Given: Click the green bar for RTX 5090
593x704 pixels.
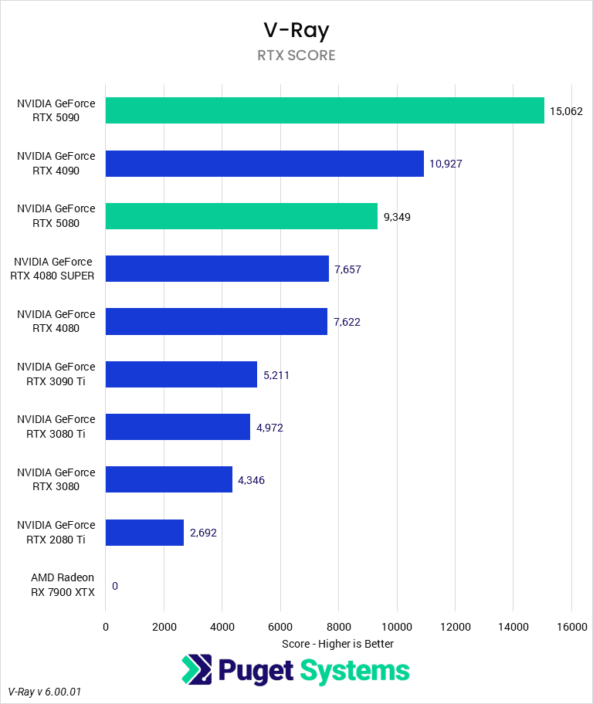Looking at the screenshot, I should pos(324,110).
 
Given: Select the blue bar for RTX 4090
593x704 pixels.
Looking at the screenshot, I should pos(264,164).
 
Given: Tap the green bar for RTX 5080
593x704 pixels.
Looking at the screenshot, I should pos(241,216).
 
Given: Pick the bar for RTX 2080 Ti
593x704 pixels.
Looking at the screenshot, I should pos(144,533).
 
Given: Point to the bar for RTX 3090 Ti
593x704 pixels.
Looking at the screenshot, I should pos(181,374).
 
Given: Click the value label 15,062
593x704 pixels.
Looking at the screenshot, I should pos(565,111).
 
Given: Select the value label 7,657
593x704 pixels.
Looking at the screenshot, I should pos(347,269).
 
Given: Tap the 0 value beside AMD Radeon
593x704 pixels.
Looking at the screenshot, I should pos(115,586).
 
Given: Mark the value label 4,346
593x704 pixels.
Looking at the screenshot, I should pos(251,480).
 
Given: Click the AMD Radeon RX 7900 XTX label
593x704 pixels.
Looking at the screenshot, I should pos(63,585).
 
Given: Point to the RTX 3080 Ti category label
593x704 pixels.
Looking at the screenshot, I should pos(56,427).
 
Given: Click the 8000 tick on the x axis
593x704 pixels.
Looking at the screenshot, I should pos(338,627).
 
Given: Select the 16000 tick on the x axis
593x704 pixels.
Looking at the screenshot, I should pos(571,627).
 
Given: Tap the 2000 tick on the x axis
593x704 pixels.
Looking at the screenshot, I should pos(164,627).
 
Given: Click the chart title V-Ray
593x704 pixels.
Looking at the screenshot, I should pos(296,30).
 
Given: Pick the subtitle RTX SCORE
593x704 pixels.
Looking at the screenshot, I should pos(296,56).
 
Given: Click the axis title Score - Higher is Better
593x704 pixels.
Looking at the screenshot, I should pos(338,644).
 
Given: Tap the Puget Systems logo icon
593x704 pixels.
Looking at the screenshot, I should pos(196,670).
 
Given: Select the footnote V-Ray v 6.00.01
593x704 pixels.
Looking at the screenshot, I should pos(44,692).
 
